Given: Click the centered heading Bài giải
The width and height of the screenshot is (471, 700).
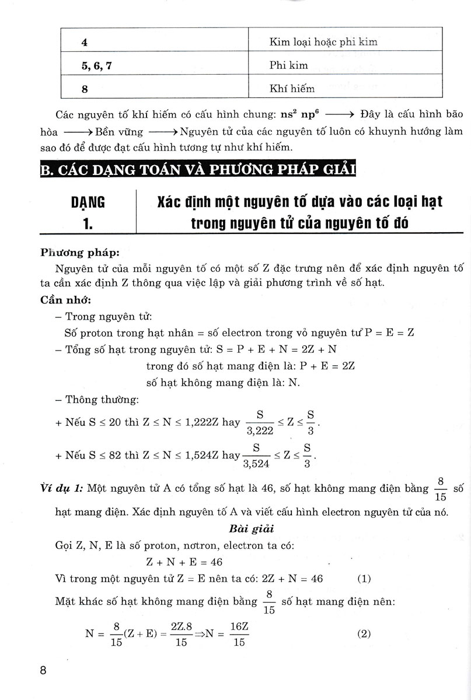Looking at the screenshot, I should point(246,530).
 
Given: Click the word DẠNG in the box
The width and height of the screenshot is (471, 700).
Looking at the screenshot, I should point(88,202).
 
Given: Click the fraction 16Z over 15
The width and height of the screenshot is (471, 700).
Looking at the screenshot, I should point(239,635).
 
